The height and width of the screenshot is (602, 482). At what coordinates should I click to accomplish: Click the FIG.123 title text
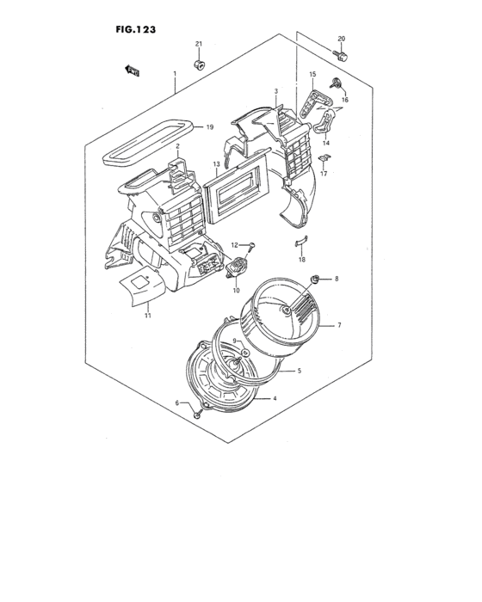135,28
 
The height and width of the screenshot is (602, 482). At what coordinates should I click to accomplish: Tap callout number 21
198,44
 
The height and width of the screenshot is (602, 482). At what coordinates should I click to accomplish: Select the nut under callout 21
199,64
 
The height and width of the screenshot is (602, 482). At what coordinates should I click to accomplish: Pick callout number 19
209,127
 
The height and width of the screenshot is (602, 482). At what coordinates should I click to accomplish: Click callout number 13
217,163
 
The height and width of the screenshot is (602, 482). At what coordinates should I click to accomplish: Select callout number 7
339,325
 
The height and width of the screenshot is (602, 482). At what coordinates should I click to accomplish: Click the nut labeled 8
318,279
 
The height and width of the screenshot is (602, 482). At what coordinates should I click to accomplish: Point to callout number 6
177,403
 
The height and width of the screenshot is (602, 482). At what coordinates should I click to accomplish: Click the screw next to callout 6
198,415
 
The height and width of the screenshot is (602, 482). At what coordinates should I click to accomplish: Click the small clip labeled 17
324,158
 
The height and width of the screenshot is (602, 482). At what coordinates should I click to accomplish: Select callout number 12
233,245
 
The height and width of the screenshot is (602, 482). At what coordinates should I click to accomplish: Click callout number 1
175,73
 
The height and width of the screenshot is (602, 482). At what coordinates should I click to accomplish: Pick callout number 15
312,75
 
